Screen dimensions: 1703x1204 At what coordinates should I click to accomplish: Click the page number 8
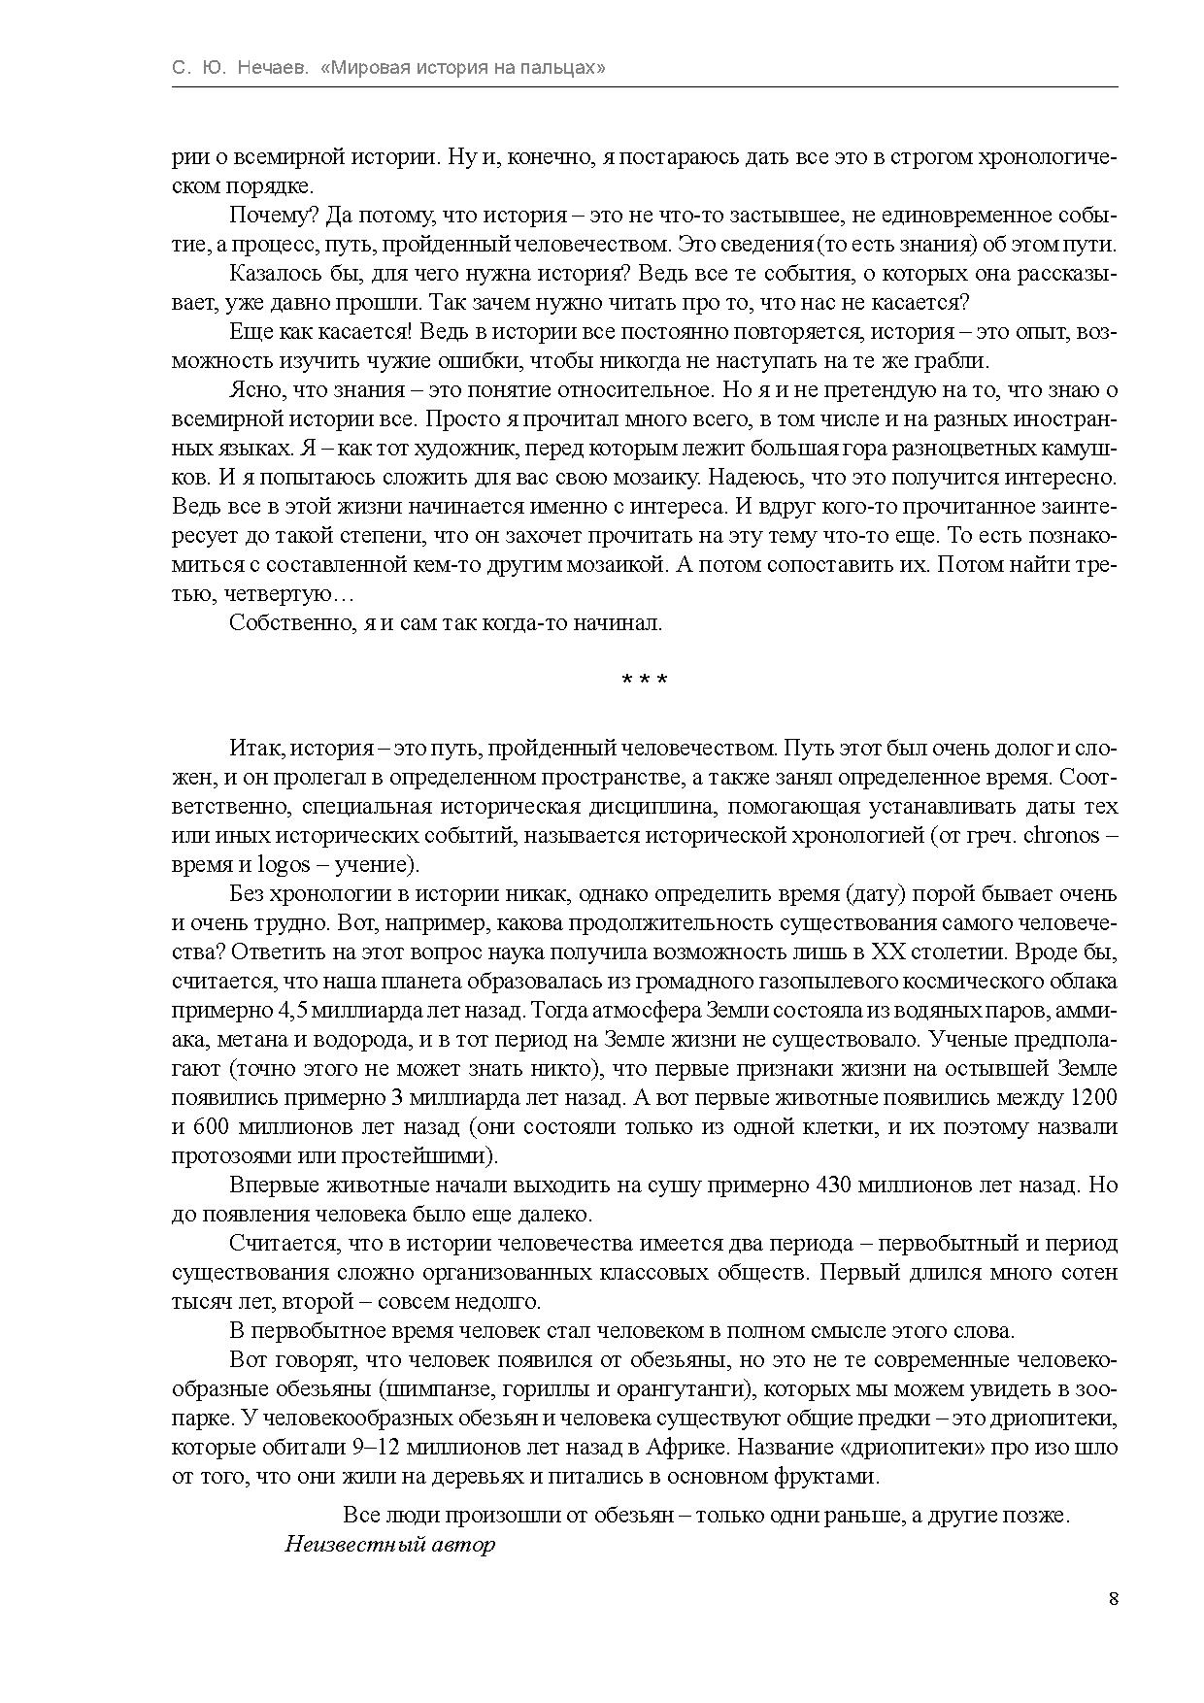1113,1599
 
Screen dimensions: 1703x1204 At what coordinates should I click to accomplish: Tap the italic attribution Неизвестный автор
390,1545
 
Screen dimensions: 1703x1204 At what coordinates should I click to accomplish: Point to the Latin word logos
283,865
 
